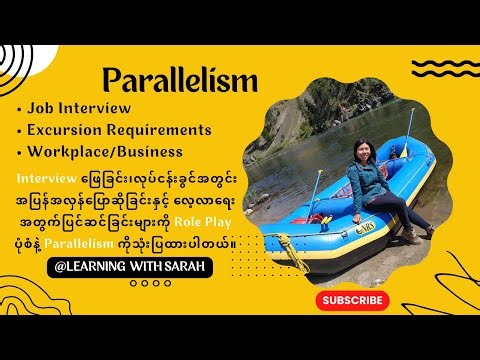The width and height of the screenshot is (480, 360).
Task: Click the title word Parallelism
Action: click(x=180, y=79)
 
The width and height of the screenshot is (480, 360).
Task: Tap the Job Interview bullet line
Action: click(x=81, y=108)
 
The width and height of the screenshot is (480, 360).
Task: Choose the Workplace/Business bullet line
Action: click(x=105, y=152)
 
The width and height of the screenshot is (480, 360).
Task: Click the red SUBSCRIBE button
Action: click(x=352, y=300)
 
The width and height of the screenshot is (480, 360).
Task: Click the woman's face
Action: click(x=356, y=152)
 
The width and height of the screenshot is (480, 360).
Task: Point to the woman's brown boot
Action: click(x=408, y=234)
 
